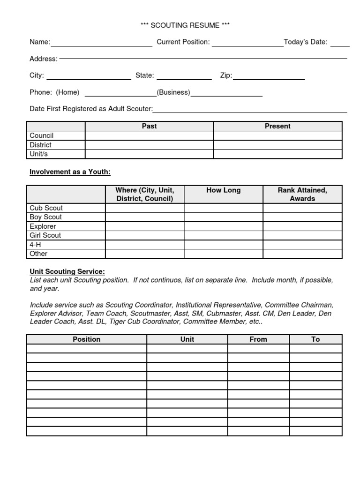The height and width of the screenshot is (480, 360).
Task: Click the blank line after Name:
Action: tap(102, 44)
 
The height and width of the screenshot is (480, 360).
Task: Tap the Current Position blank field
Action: tap(247, 44)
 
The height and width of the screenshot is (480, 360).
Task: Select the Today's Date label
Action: tap(306, 42)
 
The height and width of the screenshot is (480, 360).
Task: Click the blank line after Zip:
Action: tap(269, 77)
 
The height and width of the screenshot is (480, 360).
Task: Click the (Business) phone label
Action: tap(173, 92)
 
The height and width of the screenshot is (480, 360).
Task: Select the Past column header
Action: tap(149, 126)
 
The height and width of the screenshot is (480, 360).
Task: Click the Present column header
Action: tap(277, 126)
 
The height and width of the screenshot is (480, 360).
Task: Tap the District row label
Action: tap(41, 145)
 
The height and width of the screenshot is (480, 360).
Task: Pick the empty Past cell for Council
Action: tap(149, 135)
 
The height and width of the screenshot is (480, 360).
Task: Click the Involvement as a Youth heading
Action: tap(70, 172)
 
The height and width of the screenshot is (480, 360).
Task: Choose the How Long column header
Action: tap(223, 190)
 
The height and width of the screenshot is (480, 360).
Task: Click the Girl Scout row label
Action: tap(45, 235)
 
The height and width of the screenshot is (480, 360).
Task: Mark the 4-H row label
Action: tap(36, 244)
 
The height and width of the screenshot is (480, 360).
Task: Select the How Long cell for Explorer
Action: tap(223, 226)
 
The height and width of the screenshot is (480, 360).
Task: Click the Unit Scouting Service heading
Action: tap(67, 271)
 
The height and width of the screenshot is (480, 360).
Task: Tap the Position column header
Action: tap(87, 339)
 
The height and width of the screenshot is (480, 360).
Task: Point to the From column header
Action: tap(258, 339)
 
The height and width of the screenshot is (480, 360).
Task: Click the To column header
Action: tap(315, 339)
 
